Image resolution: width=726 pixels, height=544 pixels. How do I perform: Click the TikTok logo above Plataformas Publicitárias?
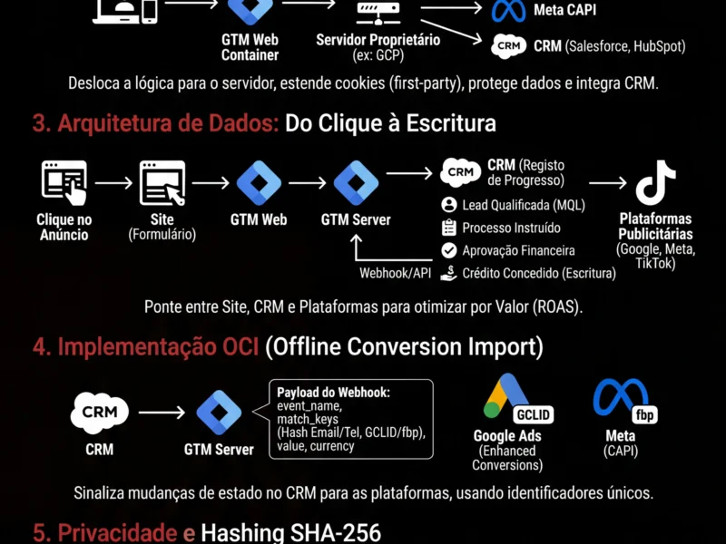655,183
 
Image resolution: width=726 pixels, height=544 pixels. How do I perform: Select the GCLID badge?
533,415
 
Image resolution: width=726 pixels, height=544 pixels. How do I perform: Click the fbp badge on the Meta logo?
644,415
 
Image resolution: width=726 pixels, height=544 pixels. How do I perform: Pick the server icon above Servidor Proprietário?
378,11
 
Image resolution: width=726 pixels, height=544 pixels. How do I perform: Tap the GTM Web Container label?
250,47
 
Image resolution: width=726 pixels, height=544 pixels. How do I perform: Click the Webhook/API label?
395,273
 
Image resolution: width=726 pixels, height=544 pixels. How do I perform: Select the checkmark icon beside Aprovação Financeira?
448,250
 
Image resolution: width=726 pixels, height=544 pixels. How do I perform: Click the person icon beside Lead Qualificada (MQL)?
448,205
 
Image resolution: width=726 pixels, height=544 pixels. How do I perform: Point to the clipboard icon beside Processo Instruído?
448,228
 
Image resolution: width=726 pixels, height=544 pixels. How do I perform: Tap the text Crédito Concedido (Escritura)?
538,273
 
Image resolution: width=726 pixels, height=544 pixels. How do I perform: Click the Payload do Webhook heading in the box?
333,392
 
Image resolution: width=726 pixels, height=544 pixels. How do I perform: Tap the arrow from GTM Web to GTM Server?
308,182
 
